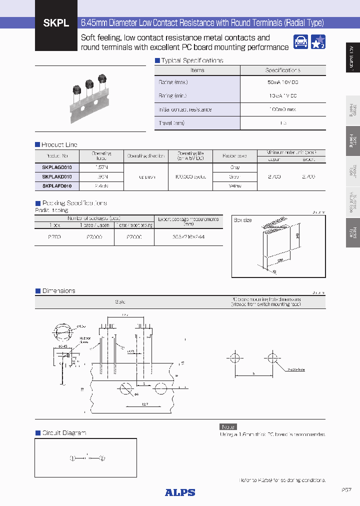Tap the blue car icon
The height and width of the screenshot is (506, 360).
point(300,42)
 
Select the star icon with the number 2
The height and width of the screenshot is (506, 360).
point(318,42)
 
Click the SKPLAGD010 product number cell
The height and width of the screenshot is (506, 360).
point(56,167)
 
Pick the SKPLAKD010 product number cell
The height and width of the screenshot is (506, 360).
point(56,176)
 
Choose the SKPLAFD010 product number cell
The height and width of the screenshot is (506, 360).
point(56,185)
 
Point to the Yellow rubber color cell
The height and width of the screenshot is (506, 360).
point(234,185)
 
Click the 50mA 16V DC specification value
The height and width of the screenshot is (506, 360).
point(282,82)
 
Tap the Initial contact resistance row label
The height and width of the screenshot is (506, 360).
point(185,109)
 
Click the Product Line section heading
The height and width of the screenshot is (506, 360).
point(59,144)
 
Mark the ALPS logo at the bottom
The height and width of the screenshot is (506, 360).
point(180,492)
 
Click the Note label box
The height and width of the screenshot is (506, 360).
point(228,426)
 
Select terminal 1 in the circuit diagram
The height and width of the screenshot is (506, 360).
point(72,457)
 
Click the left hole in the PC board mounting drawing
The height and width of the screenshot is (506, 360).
point(234,358)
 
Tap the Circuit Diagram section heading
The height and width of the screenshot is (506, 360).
point(64,432)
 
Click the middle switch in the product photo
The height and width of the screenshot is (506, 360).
point(89,86)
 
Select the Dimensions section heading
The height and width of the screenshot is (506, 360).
point(58,290)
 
